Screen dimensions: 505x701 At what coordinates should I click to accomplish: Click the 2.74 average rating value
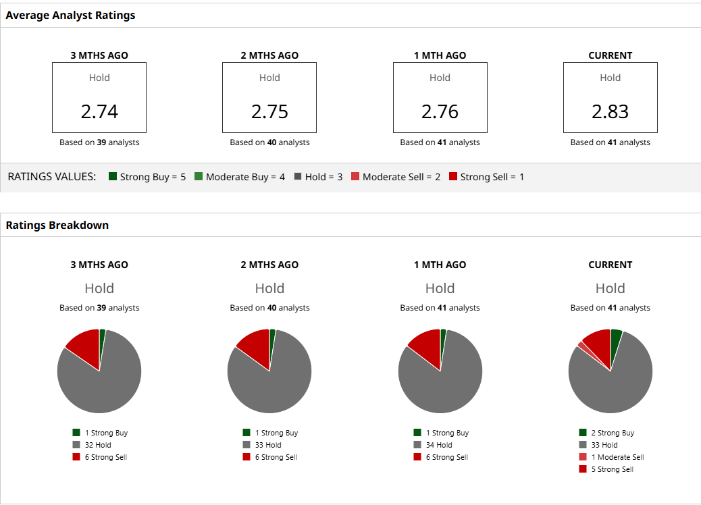(99, 111)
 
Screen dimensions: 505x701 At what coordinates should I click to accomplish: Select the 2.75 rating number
(269, 111)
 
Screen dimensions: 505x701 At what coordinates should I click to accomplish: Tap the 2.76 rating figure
(440, 111)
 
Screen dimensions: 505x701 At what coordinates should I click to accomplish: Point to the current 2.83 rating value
(610, 111)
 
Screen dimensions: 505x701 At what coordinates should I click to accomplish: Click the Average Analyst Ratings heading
(70, 15)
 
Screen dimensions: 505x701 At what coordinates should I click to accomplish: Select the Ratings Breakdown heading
(57, 225)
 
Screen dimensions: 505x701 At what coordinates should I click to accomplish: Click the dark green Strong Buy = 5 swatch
(113, 177)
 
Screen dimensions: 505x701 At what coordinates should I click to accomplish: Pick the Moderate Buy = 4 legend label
(245, 177)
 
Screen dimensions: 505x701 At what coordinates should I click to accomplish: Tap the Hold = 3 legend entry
(323, 177)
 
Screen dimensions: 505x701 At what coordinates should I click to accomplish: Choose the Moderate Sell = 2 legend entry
(401, 177)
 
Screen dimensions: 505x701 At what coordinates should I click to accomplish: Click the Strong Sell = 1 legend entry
(492, 177)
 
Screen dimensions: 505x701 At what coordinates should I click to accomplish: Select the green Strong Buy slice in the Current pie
(615, 336)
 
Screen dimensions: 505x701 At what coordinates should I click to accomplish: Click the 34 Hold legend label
(439, 445)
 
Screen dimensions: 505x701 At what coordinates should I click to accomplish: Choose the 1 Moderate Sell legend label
(617, 457)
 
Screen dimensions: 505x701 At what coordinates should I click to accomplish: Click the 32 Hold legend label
(98, 445)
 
